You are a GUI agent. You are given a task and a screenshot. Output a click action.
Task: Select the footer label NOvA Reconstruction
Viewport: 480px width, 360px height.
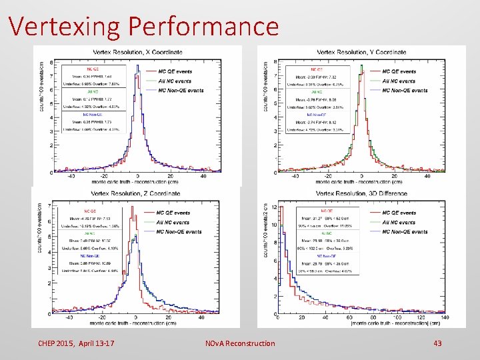(240, 343)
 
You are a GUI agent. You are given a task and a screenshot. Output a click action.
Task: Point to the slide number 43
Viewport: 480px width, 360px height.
(438, 343)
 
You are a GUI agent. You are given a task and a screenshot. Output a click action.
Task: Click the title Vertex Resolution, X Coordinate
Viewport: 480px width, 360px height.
(137, 52)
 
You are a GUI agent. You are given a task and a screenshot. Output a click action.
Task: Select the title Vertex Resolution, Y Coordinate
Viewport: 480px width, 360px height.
(361, 52)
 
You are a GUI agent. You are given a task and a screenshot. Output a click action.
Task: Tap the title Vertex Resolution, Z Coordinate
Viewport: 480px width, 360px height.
(136, 193)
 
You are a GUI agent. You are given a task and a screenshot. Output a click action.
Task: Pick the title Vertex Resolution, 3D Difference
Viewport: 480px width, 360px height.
(361, 193)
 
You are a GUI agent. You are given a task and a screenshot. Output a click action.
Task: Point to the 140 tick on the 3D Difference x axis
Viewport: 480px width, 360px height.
(444, 318)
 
